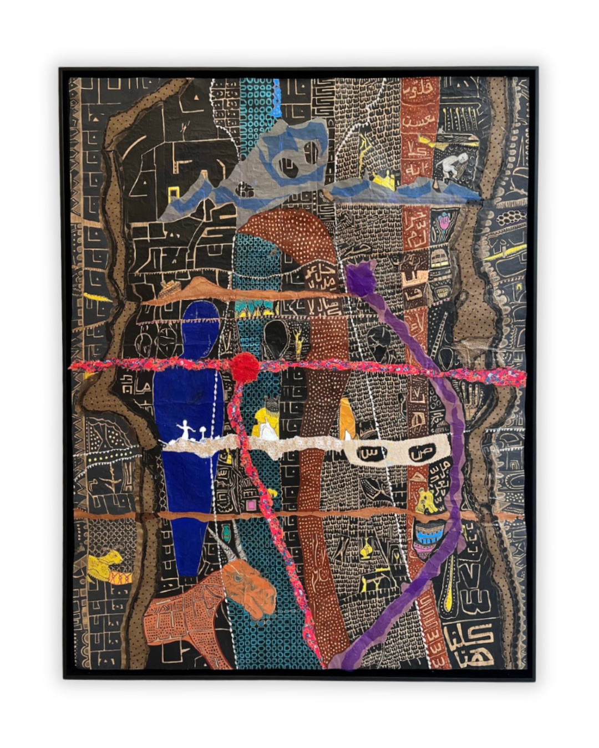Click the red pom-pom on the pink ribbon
coord(245,367)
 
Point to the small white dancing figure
coord(184,430)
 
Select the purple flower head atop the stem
coord(361,279)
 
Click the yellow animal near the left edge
coord(104,563)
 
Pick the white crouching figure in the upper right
coord(454,165)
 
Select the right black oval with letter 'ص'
coord(419,453)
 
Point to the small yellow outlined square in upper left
coord(173,193)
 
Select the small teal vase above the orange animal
coord(227,534)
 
